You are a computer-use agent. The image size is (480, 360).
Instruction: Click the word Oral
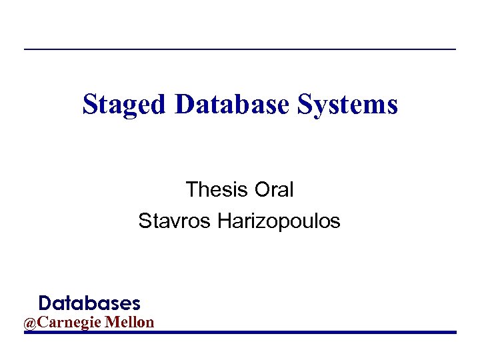(273, 190)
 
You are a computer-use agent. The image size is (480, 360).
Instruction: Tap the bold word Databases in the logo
(89, 304)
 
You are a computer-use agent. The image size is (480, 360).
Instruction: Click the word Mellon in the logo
(133, 323)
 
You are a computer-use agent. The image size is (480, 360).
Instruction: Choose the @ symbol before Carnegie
(31, 323)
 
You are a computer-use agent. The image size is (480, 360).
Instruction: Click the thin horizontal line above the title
(240, 49)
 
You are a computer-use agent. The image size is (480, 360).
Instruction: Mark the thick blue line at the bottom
(240, 332)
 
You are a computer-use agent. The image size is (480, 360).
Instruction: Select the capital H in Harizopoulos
(224, 221)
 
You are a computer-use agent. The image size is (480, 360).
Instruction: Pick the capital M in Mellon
(117, 323)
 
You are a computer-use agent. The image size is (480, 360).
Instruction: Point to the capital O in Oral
(262, 190)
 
